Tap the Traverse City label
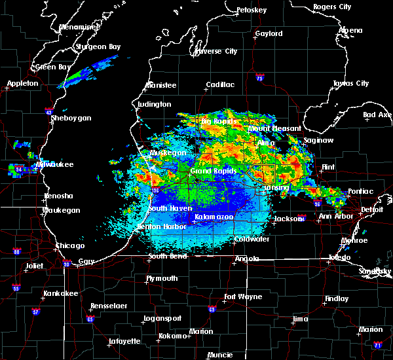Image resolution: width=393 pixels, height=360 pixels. pyautogui.click(x=214, y=51)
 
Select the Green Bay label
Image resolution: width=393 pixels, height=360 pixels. pyautogui.click(x=54, y=67)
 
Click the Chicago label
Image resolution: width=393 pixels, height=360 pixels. pyautogui.click(x=70, y=245)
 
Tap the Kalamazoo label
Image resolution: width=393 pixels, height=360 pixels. pyautogui.click(x=214, y=217)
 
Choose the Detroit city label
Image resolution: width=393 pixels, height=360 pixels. pyautogui.click(x=372, y=209)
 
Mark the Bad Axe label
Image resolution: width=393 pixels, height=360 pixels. pyautogui.click(x=377, y=115)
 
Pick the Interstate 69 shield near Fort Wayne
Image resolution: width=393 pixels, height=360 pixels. pyautogui.click(x=212, y=310)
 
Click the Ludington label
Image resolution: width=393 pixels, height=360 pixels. pyautogui.click(x=155, y=104)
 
